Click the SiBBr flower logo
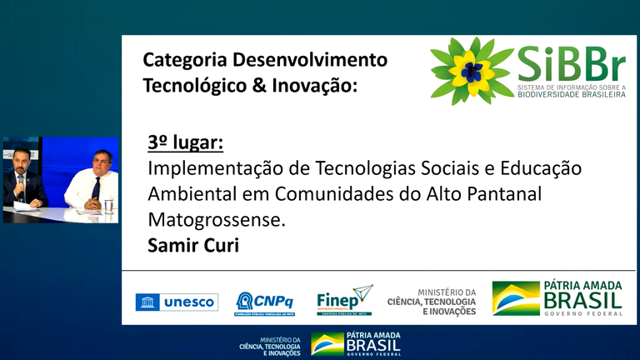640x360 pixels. (x=472, y=70)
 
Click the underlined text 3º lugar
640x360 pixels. (x=185, y=143)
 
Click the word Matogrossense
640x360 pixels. (x=215, y=220)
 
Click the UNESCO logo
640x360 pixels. (x=177, y=302)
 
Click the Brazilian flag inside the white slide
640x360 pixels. (x=515, y=298)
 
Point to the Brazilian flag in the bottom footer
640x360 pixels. (x=327, y=344)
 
